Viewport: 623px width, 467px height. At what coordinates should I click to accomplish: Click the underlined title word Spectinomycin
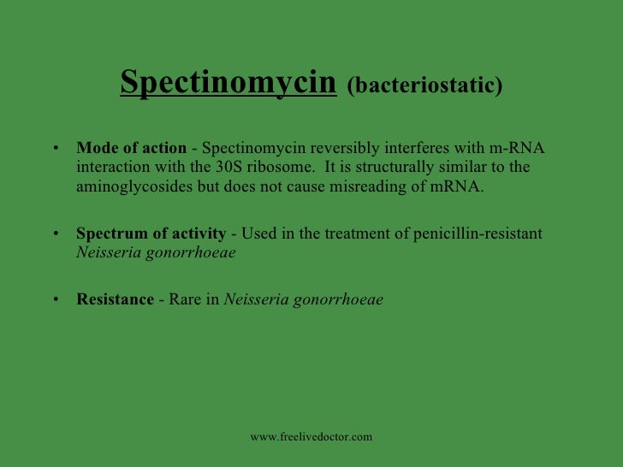point(228,83)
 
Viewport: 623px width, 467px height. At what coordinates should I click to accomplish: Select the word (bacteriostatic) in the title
point(425,86)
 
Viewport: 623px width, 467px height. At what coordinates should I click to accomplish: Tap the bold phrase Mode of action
point(131,148)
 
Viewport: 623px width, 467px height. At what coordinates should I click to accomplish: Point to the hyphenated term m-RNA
point(517,148)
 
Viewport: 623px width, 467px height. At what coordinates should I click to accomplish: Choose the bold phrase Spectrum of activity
point(151,233)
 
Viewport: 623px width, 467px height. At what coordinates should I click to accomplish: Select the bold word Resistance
point(115,300)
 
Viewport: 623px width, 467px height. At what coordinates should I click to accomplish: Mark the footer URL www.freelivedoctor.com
point(311,437)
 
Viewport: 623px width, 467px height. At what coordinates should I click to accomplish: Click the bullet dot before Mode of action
point(56,149)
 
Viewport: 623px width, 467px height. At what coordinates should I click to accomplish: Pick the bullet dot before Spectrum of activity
point(56,234)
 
